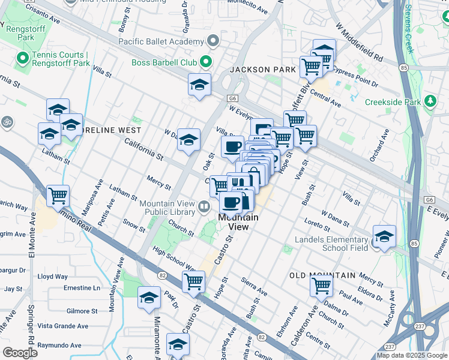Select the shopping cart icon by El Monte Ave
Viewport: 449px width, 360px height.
[58, 196]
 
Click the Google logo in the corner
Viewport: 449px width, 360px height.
[20, 352]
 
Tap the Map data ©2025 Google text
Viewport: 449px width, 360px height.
[412, 355]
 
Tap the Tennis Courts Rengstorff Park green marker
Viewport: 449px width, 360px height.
[23, 58]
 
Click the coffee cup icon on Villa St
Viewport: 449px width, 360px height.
[232, 147]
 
